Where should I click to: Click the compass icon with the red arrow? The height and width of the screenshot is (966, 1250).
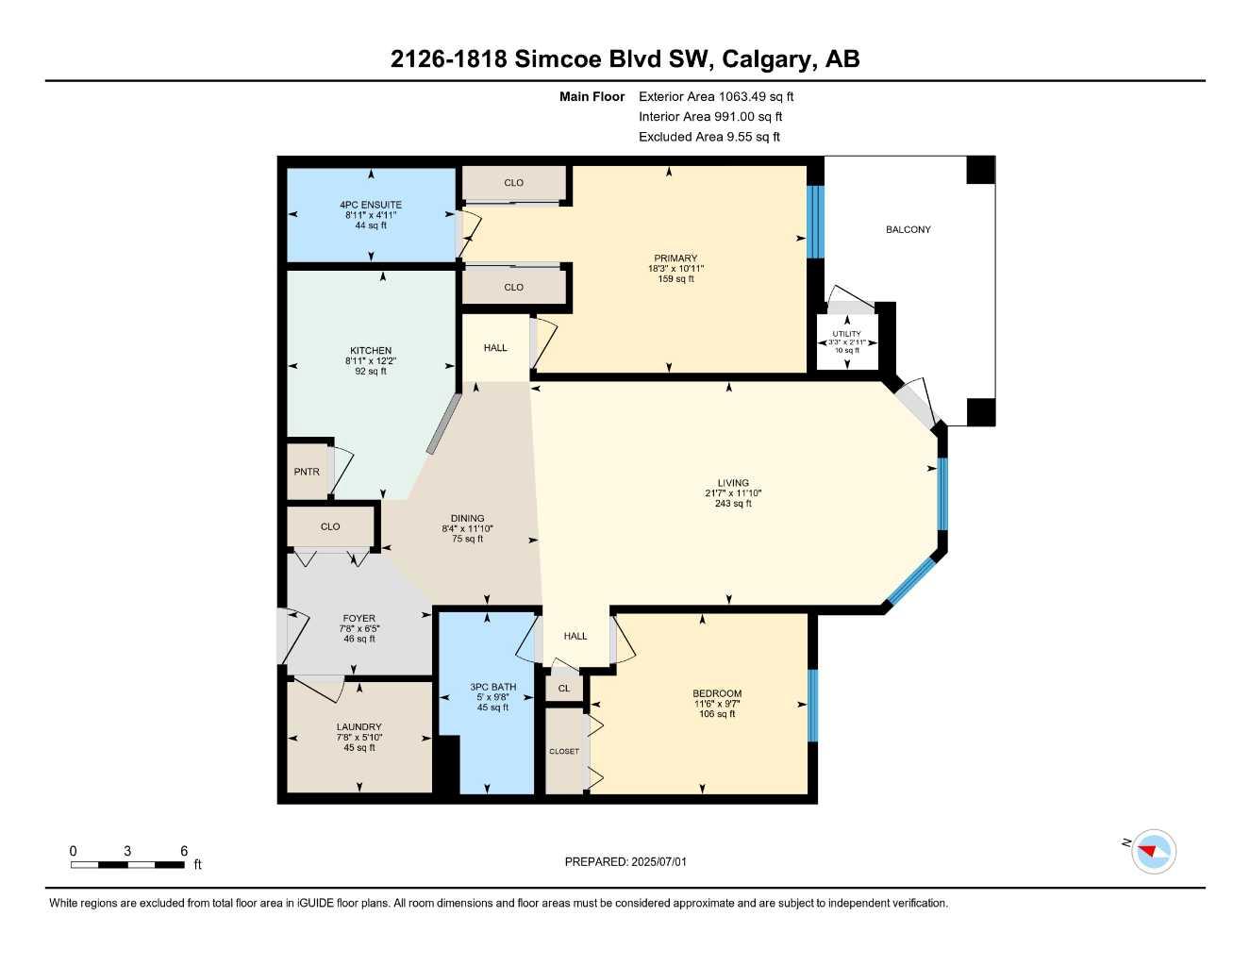1153,851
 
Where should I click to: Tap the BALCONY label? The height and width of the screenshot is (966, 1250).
908,229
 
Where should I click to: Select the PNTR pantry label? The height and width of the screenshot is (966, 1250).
307,472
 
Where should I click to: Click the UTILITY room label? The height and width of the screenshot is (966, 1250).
847,334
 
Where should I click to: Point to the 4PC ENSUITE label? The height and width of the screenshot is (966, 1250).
371,205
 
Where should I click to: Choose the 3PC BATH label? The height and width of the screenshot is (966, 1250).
493,687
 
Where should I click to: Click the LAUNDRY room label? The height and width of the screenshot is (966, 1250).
358,726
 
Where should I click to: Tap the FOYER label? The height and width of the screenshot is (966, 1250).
358,619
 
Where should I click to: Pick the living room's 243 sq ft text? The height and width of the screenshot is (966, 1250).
733,503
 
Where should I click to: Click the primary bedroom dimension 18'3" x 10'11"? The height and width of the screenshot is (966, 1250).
675,269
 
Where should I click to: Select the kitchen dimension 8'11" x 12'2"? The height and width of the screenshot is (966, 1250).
371,361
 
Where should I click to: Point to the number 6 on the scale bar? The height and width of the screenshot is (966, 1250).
184,851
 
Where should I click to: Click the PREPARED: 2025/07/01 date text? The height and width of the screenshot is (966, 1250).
625,862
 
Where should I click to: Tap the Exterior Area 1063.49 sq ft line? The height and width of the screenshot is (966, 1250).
716,96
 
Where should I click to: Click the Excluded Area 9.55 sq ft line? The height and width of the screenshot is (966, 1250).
709,137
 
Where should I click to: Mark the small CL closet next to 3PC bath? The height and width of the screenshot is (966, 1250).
564,689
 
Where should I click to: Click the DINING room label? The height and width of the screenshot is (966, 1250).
467,518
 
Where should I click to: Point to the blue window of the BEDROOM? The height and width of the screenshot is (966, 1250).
813,706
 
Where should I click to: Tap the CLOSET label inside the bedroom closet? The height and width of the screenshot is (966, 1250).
564,752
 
